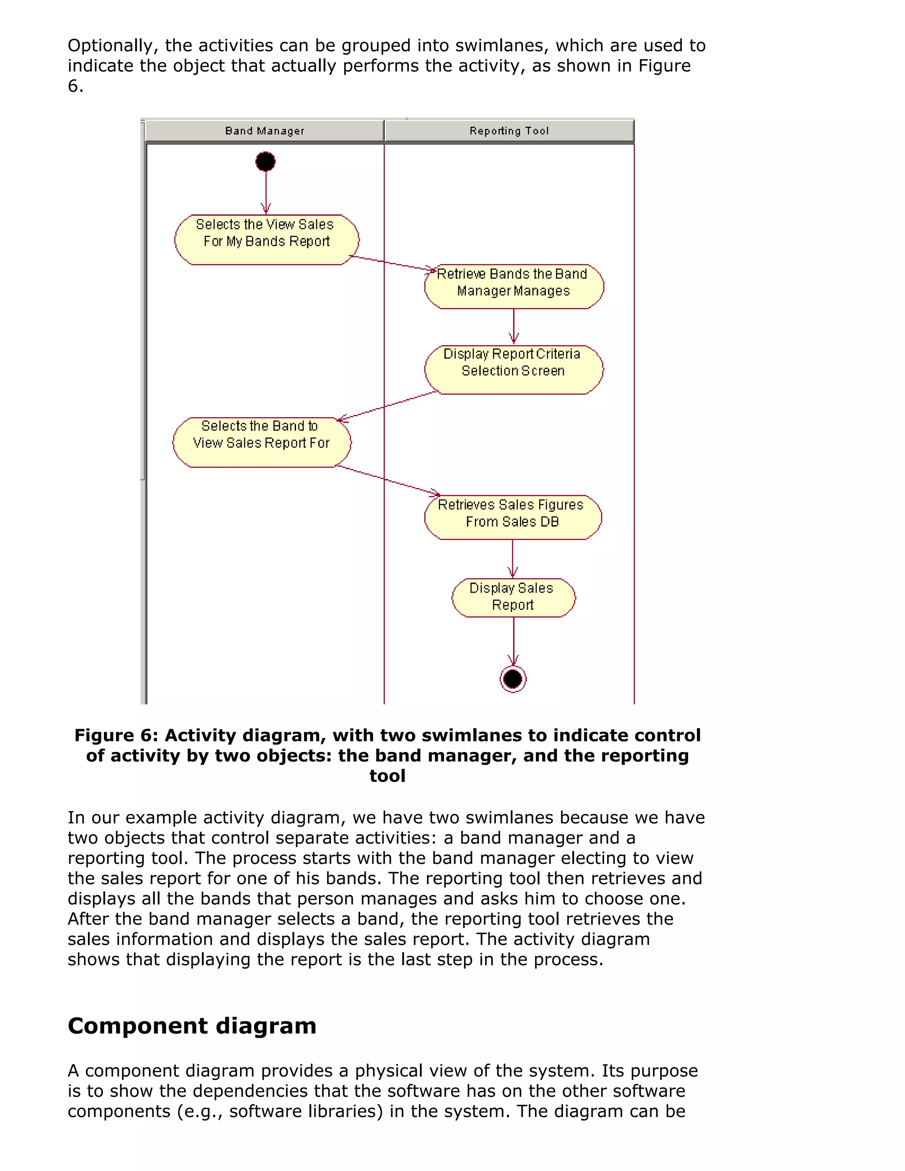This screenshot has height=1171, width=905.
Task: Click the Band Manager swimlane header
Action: [x=264, y=131]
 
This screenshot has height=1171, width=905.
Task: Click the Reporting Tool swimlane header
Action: [x=509, y=131]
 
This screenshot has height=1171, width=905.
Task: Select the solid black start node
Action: [x=266, y=161]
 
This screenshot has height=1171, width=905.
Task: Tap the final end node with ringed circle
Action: [x=513, y=679]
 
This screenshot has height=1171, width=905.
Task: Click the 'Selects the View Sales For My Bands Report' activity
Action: [x=266, y=240]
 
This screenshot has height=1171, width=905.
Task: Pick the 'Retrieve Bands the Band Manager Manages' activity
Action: [x=513, y=287]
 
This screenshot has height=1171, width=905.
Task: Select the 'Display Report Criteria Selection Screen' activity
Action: [x=513, y=369]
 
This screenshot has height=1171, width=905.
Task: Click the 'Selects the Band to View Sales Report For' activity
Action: [x=261, y=442]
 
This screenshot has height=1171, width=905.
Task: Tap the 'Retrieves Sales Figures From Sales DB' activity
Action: [x=513, y=517]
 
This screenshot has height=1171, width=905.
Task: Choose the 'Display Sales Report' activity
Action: [x=513, y=597]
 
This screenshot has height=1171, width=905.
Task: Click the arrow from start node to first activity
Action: [x=266, y=190]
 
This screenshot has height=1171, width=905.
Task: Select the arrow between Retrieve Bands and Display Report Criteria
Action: [x=513, y=326]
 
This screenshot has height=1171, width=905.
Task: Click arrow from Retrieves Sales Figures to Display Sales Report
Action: [x=513, y=558]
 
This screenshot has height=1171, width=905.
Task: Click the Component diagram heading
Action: [x=192, y=1025]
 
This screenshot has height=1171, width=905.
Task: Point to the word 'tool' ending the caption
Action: [x=387, y=776]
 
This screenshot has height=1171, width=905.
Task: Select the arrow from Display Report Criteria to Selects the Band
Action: [x=387, y=406]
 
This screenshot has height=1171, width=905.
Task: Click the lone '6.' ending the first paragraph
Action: [x=76, y=86]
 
